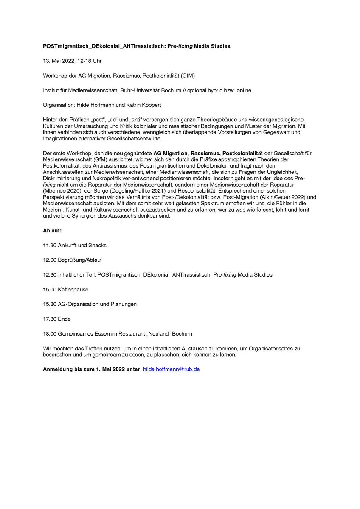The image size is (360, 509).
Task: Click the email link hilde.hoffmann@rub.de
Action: point(171,369)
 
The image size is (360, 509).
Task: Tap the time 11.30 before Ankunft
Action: point(49,246)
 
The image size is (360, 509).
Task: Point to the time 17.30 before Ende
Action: point(49,319)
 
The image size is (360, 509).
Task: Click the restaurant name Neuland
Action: point(175,333)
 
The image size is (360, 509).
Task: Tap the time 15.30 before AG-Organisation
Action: point(49,304)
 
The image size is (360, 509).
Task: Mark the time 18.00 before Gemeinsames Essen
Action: point(49,333)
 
